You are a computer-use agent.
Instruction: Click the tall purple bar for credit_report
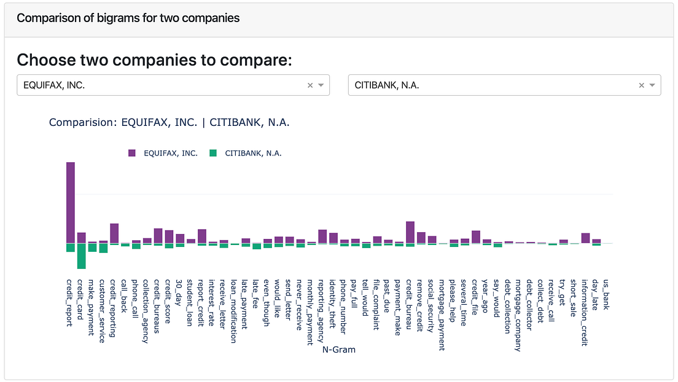(x=71, y=203)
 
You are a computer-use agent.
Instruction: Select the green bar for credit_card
(x=81, y=256)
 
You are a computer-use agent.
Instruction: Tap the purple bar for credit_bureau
(x=410, y=232)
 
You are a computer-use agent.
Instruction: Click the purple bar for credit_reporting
(x=114, y=233)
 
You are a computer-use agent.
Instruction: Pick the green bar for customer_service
(x=103, y=248)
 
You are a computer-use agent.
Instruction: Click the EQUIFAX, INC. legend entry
(x=163, y=153)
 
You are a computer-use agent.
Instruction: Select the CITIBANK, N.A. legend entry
(x=245, y=153)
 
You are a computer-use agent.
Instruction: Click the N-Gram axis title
(x=338, y=349)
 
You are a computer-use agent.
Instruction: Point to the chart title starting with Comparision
(x=169, y=122)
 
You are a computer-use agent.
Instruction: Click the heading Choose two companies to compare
(x=154, y=60)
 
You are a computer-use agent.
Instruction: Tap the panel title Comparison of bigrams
(x=128, y=18)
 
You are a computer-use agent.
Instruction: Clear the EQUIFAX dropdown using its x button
(x=310, y=85)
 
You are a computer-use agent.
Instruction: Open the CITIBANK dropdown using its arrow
(x=652, y=85)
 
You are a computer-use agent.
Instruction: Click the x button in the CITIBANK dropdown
(x=642, y=85)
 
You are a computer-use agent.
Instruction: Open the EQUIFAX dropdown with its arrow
(x=321, y=85)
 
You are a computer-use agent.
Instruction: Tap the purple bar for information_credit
(x=585, y=238)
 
